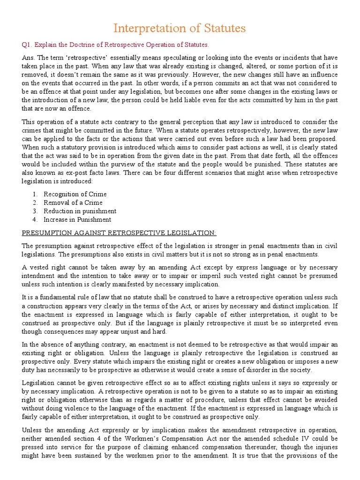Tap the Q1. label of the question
(28, 45)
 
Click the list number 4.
(35, 219)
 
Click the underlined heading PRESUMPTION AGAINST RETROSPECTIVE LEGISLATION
(119, 233)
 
